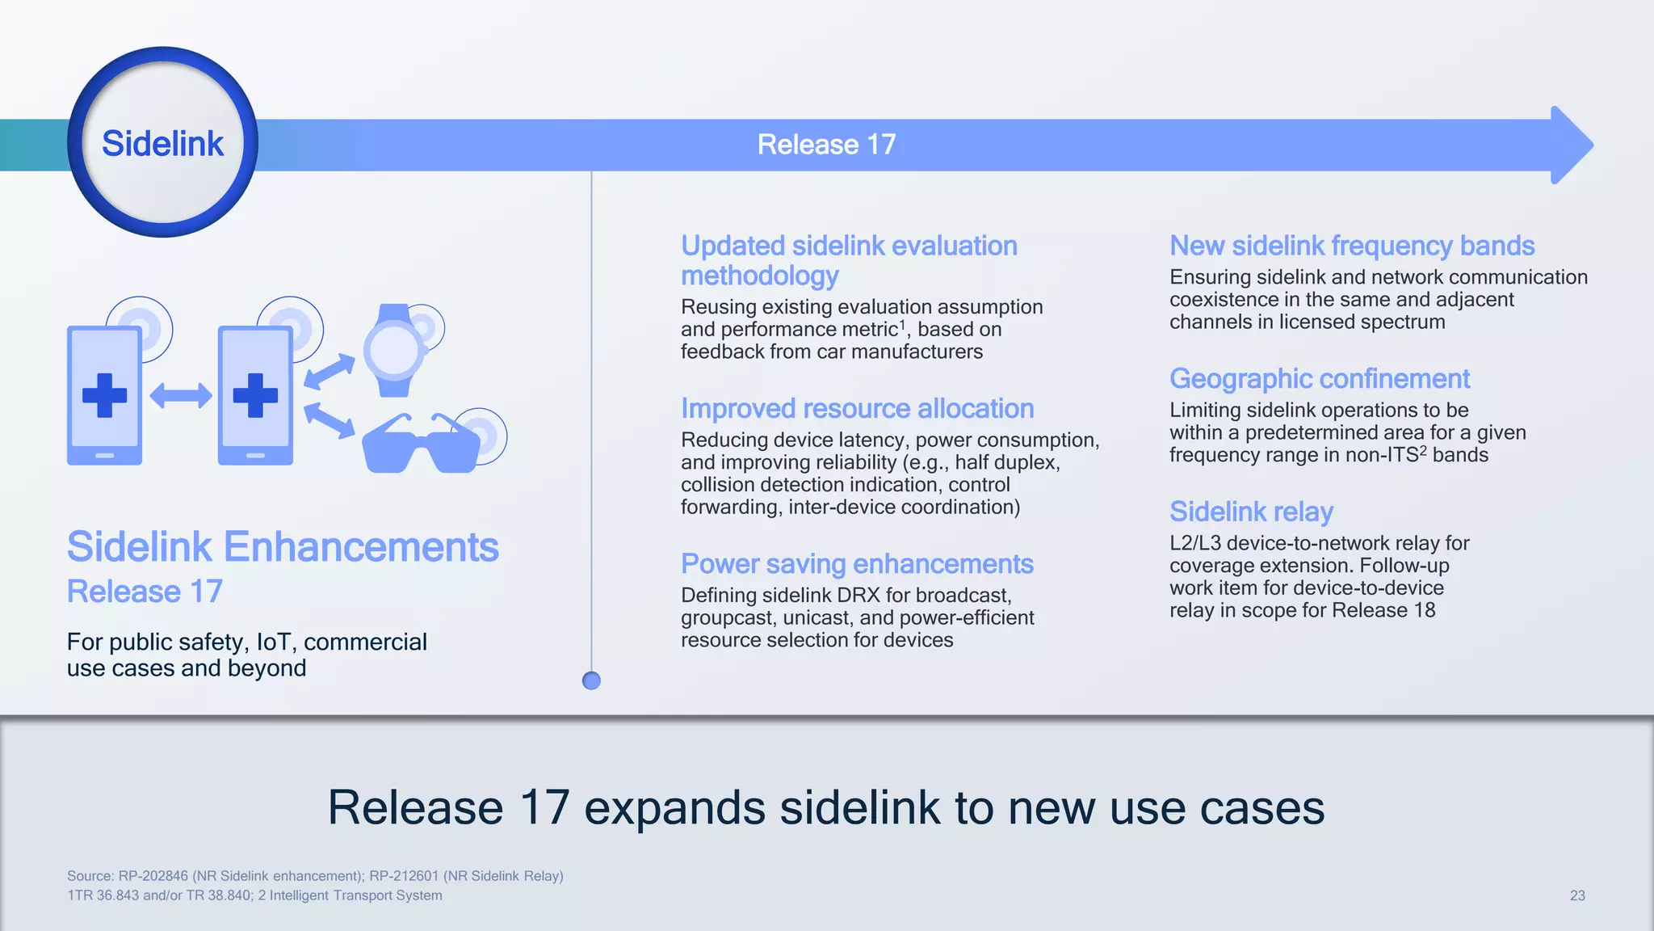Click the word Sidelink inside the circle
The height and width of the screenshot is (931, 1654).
[162, 144]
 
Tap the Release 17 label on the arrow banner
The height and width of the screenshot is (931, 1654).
[826, 145]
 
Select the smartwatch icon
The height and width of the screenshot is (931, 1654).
[394, 351]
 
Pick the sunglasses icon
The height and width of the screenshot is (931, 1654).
[421, 445]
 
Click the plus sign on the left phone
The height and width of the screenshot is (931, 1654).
[105, 395]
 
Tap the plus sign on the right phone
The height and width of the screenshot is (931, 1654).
[255, 395]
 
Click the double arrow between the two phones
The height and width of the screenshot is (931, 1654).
[181, 396]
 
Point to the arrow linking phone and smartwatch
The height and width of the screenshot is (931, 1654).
[330, 372]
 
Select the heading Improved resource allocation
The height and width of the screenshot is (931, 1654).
[857, 409]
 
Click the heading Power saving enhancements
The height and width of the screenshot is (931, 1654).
[857, 564]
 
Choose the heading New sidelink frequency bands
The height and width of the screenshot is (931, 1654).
[1352, 246]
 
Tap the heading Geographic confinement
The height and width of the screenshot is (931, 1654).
[1320, 379]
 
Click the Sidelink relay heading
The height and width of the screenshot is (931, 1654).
[1251, 512]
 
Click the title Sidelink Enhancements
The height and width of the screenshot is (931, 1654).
[283, 547]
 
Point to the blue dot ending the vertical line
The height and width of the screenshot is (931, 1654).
[591, 680]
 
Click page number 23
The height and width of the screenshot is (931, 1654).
[1577, 895]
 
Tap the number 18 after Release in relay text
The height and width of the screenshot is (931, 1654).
[1425, 610]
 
